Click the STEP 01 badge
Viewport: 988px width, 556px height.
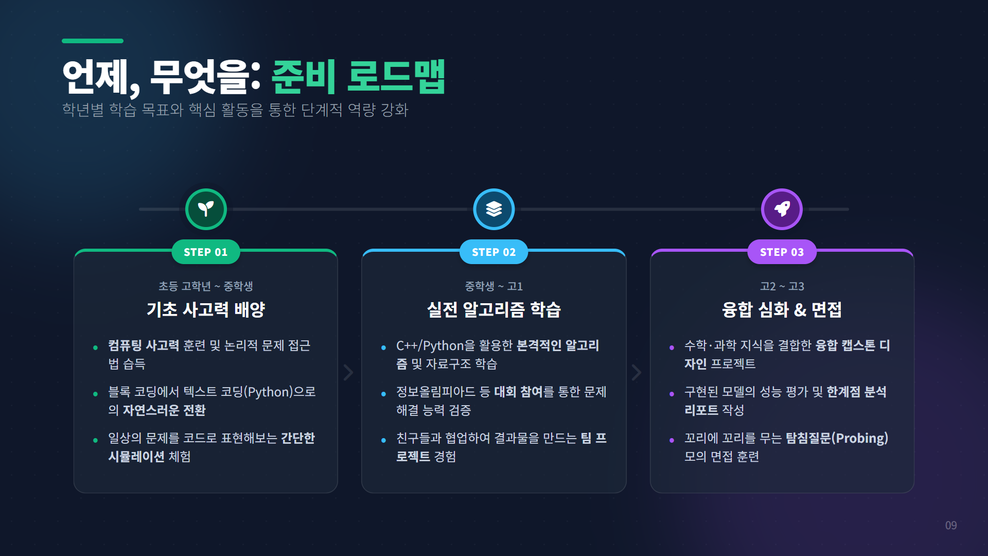tap(205, 252)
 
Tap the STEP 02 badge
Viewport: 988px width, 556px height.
tap(493, 252)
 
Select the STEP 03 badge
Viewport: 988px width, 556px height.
tap(782, 252)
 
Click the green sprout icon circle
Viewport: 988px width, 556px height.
tap(206, 209)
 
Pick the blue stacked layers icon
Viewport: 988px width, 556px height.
tap(494, 209)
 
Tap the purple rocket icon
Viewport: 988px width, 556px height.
tap(782, 209)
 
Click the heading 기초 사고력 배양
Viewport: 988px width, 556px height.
tap(206, 309)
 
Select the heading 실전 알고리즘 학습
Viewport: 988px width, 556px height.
tap(494, 309)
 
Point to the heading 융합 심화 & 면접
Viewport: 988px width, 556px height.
tap(782, 309)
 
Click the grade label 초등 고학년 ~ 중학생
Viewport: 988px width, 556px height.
tap(206, 286)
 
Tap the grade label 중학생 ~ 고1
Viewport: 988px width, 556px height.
tap(494, 286)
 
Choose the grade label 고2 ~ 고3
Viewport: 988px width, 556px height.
tap(782, 286)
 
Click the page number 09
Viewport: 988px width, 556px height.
tap(950, 525)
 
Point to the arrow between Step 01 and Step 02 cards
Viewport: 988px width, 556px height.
tap(349, 372)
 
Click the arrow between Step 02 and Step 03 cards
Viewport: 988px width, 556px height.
tap(637, 372)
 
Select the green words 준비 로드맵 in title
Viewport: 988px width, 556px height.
tap(358, 77)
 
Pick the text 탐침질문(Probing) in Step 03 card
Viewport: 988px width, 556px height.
tap(837, 438)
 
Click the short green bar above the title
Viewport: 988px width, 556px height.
tap(93, 41)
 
